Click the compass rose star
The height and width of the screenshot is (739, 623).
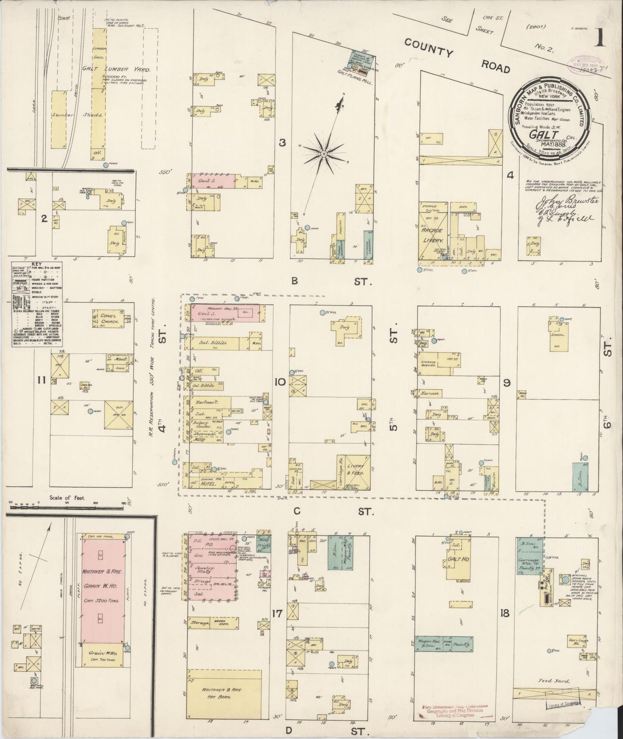(x=323, y=153)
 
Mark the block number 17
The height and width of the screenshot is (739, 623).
(x=277, y=613)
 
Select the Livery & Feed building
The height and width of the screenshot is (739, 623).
(x=357, y=470)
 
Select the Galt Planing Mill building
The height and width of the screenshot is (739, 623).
(x=361, y=58)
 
